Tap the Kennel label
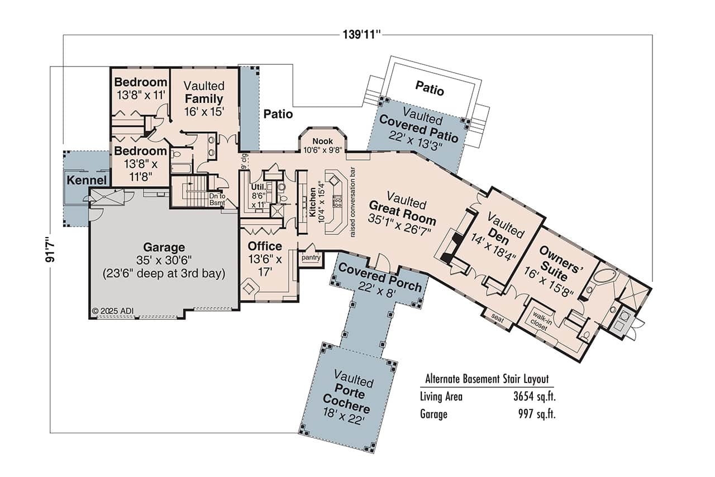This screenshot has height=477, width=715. coord(86,181)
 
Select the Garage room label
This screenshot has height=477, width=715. coord(164,247)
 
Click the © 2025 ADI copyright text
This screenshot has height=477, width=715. coord(112,311)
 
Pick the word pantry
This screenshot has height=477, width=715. coord(310,258)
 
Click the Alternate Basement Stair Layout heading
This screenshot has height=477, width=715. coord(487,379)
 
